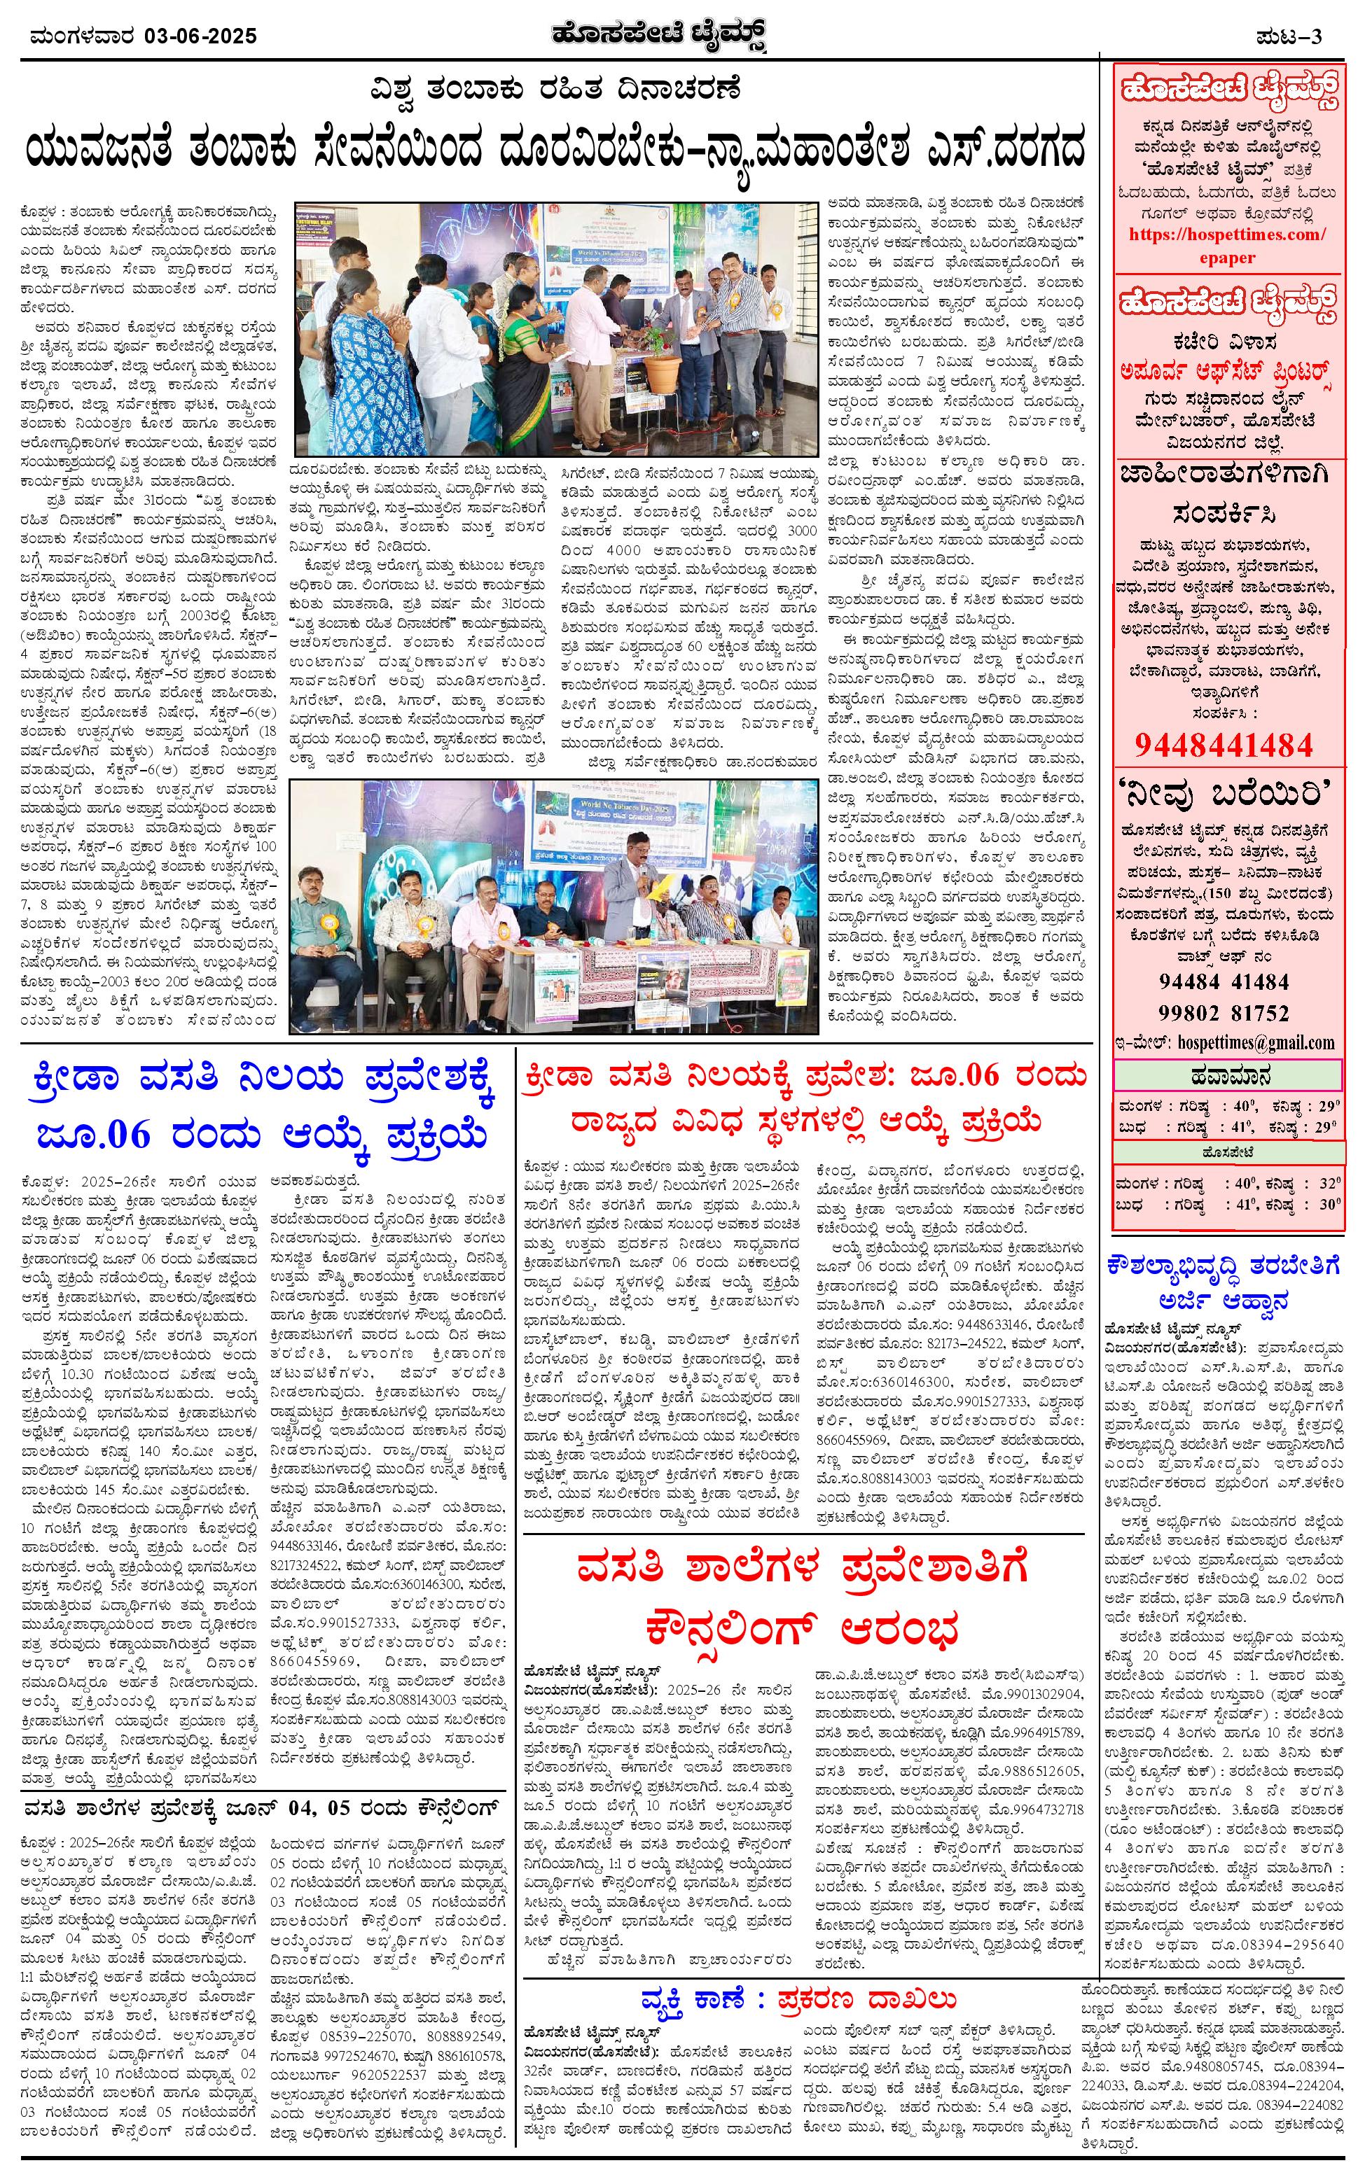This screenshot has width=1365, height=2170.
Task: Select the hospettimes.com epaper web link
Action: [1227, 245]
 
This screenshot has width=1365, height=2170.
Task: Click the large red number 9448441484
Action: [1224, 744]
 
